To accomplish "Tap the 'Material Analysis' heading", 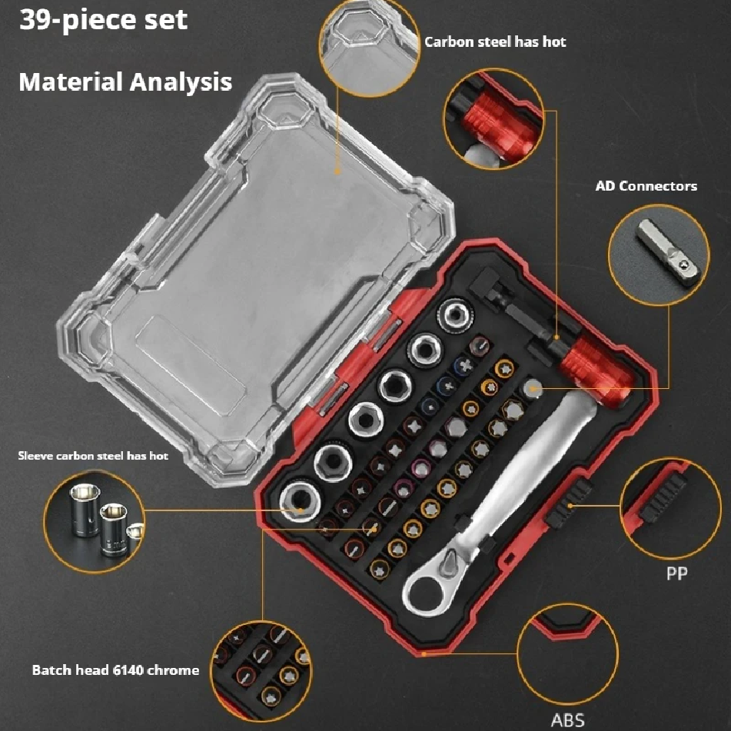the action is point(125,82).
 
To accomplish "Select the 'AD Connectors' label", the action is point(646,186).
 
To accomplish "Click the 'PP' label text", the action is point(676,573).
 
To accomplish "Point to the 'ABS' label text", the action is point(567,719).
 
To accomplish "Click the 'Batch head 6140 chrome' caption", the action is point(115,670).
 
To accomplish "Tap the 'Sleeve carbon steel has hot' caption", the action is point(93,456).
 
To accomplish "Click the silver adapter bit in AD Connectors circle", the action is point(669,252).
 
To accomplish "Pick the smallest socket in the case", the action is point(455,315).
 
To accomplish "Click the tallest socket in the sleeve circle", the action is point(85,509).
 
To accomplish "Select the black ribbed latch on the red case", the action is point(570,505).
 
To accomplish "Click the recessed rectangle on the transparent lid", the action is point(191,366).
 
